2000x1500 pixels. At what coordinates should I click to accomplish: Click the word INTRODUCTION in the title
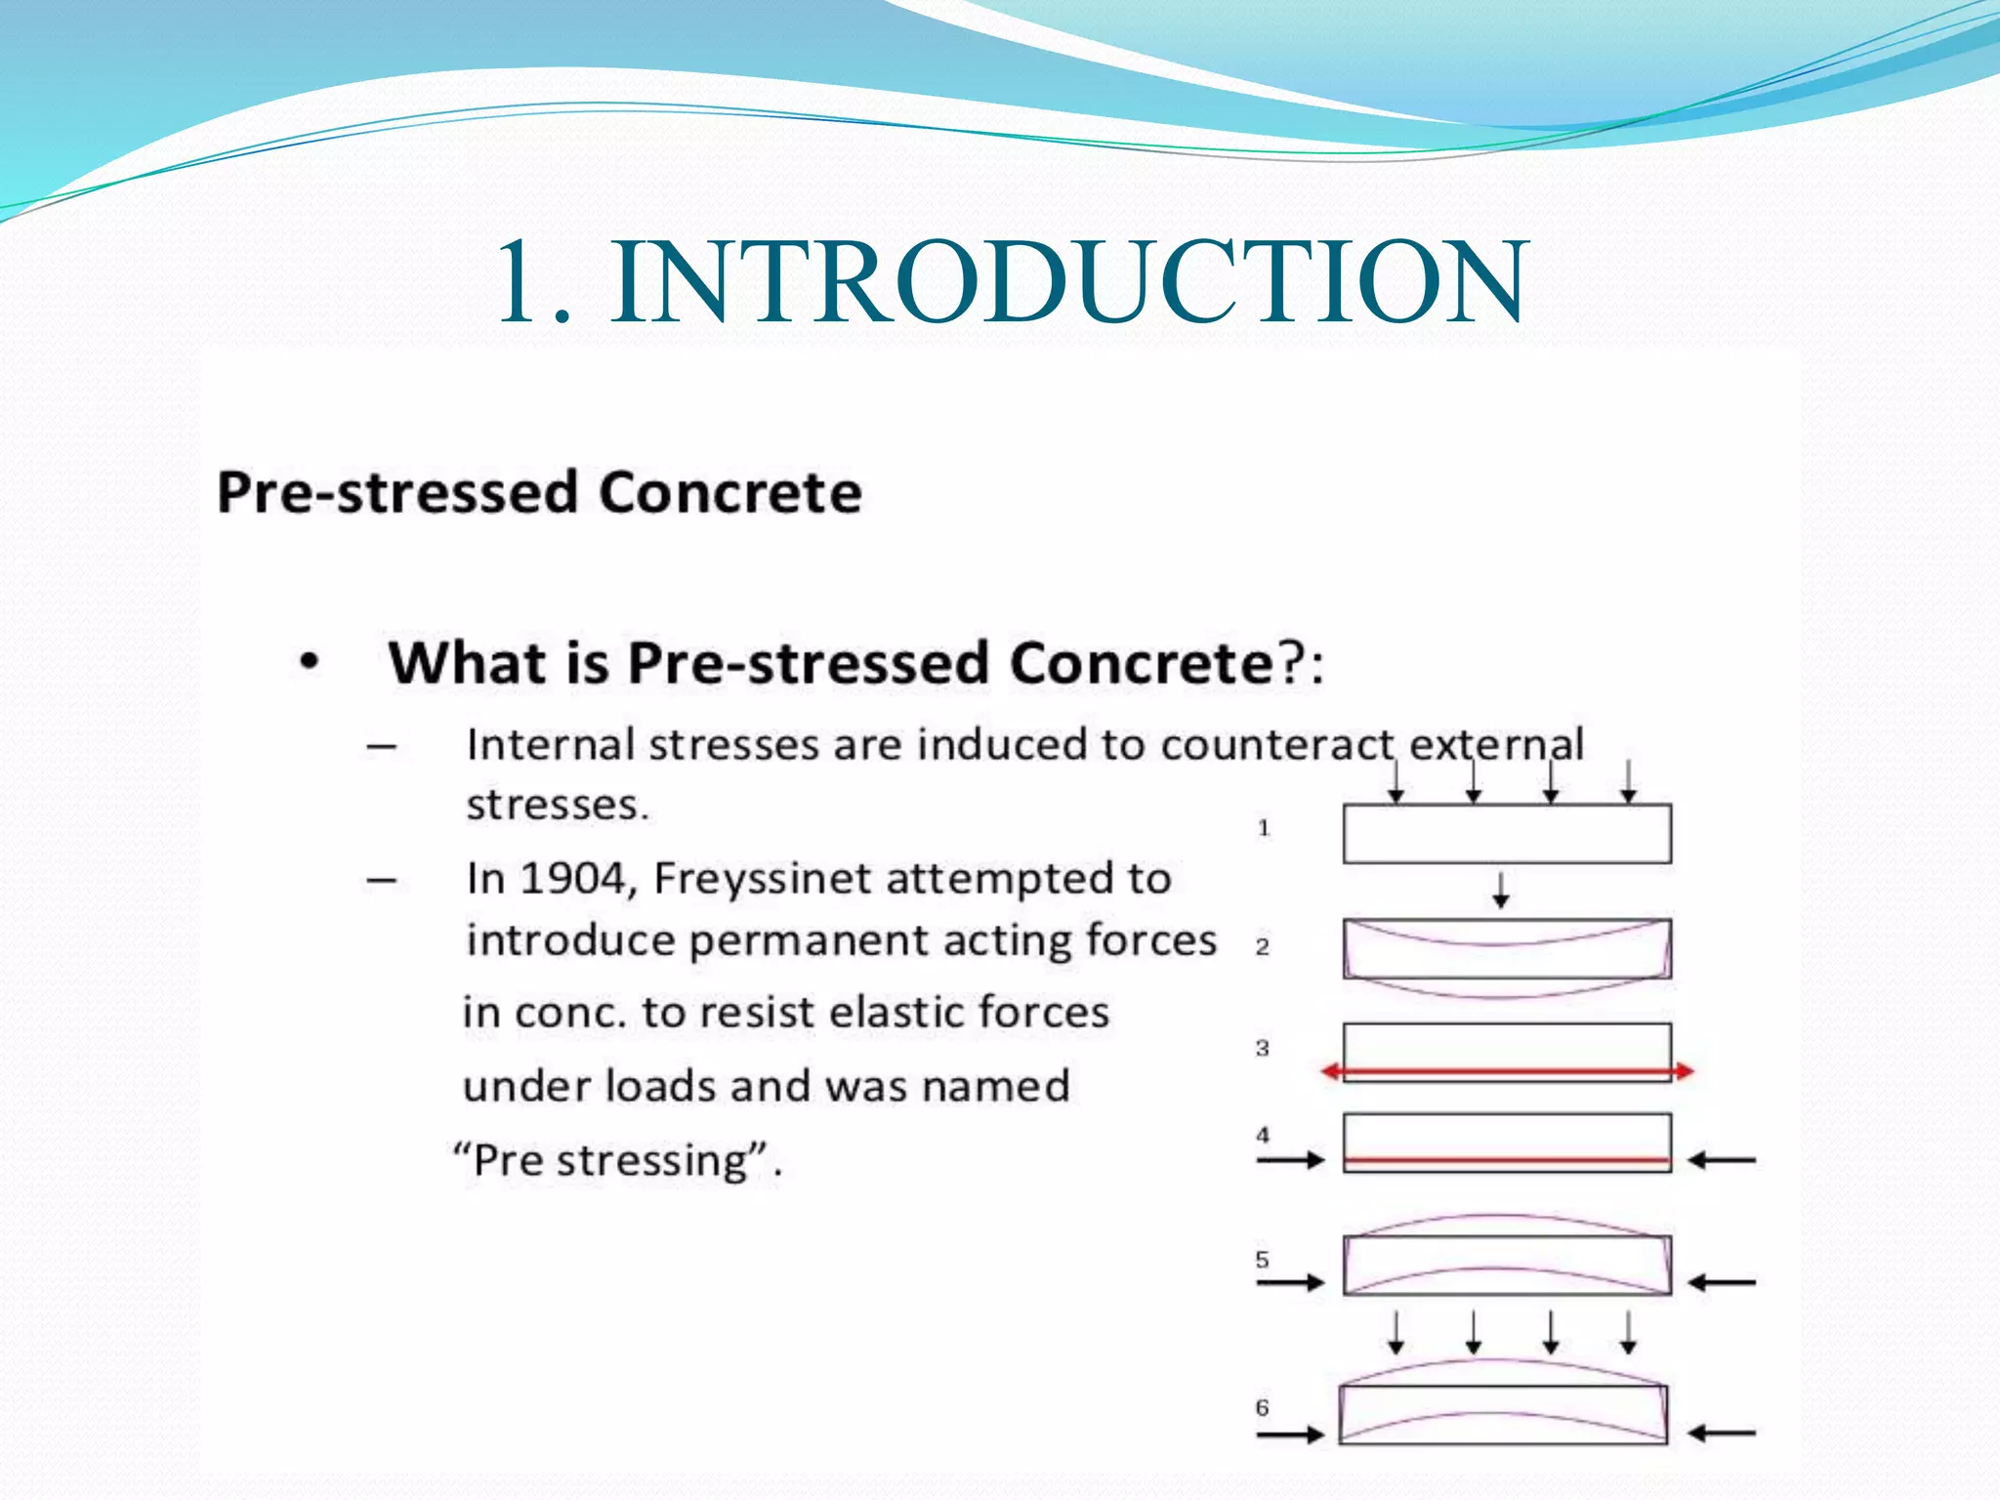click(x=1069, y=283)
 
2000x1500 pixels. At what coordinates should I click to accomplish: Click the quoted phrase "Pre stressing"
click(x=616, y=1160)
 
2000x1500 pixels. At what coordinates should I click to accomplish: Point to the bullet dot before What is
click(x=310, y=663)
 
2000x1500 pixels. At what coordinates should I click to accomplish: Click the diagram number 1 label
click(x=1263, y=828)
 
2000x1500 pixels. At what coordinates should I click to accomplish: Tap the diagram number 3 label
click(x=1262, y=1048)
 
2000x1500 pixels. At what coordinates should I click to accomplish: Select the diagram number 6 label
click(x=1262, y=1407)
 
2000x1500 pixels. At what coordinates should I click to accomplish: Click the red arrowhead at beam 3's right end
click(x=1685, y=1071)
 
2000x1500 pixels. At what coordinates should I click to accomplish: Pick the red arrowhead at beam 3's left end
click(x=1330, y=1071)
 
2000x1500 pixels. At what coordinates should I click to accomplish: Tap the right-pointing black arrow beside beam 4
click(x=1291, y=1160)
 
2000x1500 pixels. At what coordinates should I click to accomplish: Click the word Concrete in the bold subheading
click(x=729, y=491)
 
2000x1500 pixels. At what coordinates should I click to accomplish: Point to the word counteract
click(x=1277, y=745)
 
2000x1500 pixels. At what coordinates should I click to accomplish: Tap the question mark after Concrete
click(x=1289, y=663)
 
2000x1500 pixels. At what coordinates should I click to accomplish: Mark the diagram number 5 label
click(x=1262, y=1259)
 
